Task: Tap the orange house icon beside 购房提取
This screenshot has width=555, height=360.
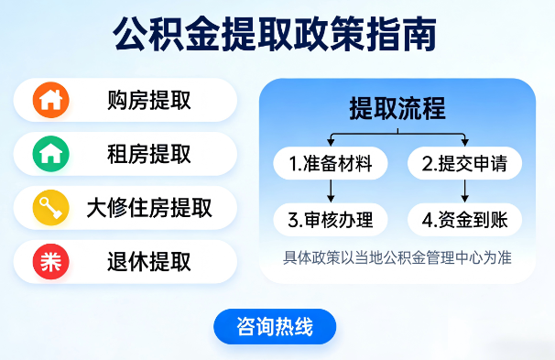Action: (50, 100)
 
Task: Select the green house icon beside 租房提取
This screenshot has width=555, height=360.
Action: (50, 154)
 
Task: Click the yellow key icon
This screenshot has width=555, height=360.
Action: (50, 208)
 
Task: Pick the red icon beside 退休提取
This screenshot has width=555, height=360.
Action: (50, 262)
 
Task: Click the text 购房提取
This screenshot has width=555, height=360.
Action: (149, 100)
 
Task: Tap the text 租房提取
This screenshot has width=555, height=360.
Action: (149, 154)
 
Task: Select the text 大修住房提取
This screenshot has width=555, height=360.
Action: (149, 208)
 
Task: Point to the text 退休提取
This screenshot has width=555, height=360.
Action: (149, 262)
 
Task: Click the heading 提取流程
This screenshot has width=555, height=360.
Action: (397, 109)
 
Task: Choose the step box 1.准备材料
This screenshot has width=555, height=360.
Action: (331, 164)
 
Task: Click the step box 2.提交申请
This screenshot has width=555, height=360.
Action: (464, 164)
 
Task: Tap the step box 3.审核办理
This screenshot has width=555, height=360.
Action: (331, 220)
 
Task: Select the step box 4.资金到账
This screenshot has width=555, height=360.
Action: (464, 220)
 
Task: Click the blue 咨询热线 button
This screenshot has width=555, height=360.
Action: (275, 327)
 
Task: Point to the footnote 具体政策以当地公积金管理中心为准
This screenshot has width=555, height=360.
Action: (397, 258)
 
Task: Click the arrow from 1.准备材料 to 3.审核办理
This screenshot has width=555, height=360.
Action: (331, 191)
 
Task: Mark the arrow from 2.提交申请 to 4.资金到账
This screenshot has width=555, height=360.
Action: (464, 191)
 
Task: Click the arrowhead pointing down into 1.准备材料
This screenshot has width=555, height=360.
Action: (331, 143)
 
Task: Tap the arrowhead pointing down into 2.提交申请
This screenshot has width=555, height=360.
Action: (464, 143)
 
